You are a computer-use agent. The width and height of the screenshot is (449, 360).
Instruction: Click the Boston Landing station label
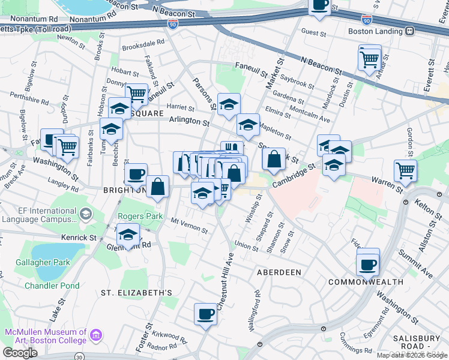point(374,31)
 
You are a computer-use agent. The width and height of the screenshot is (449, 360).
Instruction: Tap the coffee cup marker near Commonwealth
point(367,263)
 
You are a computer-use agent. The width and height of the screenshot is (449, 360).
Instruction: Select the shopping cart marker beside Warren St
point(406,170)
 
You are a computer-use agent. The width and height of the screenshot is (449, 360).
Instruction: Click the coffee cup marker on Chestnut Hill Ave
point(205,314)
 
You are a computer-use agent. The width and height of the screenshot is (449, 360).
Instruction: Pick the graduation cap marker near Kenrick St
point(128,235)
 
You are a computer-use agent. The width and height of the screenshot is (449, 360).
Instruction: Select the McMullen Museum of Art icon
point(95,336)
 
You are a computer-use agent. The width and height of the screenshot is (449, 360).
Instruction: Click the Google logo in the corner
point(20,353)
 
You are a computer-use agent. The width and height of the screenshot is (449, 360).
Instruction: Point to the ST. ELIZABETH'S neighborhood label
point(136,293)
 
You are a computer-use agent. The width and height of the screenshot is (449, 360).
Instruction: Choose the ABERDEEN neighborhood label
point(279,272)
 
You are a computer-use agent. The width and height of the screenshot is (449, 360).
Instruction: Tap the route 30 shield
point(80,356)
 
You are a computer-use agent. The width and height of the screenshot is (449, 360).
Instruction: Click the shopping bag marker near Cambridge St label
point(274,160)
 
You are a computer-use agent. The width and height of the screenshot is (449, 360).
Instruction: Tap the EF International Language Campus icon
point(85,214)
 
